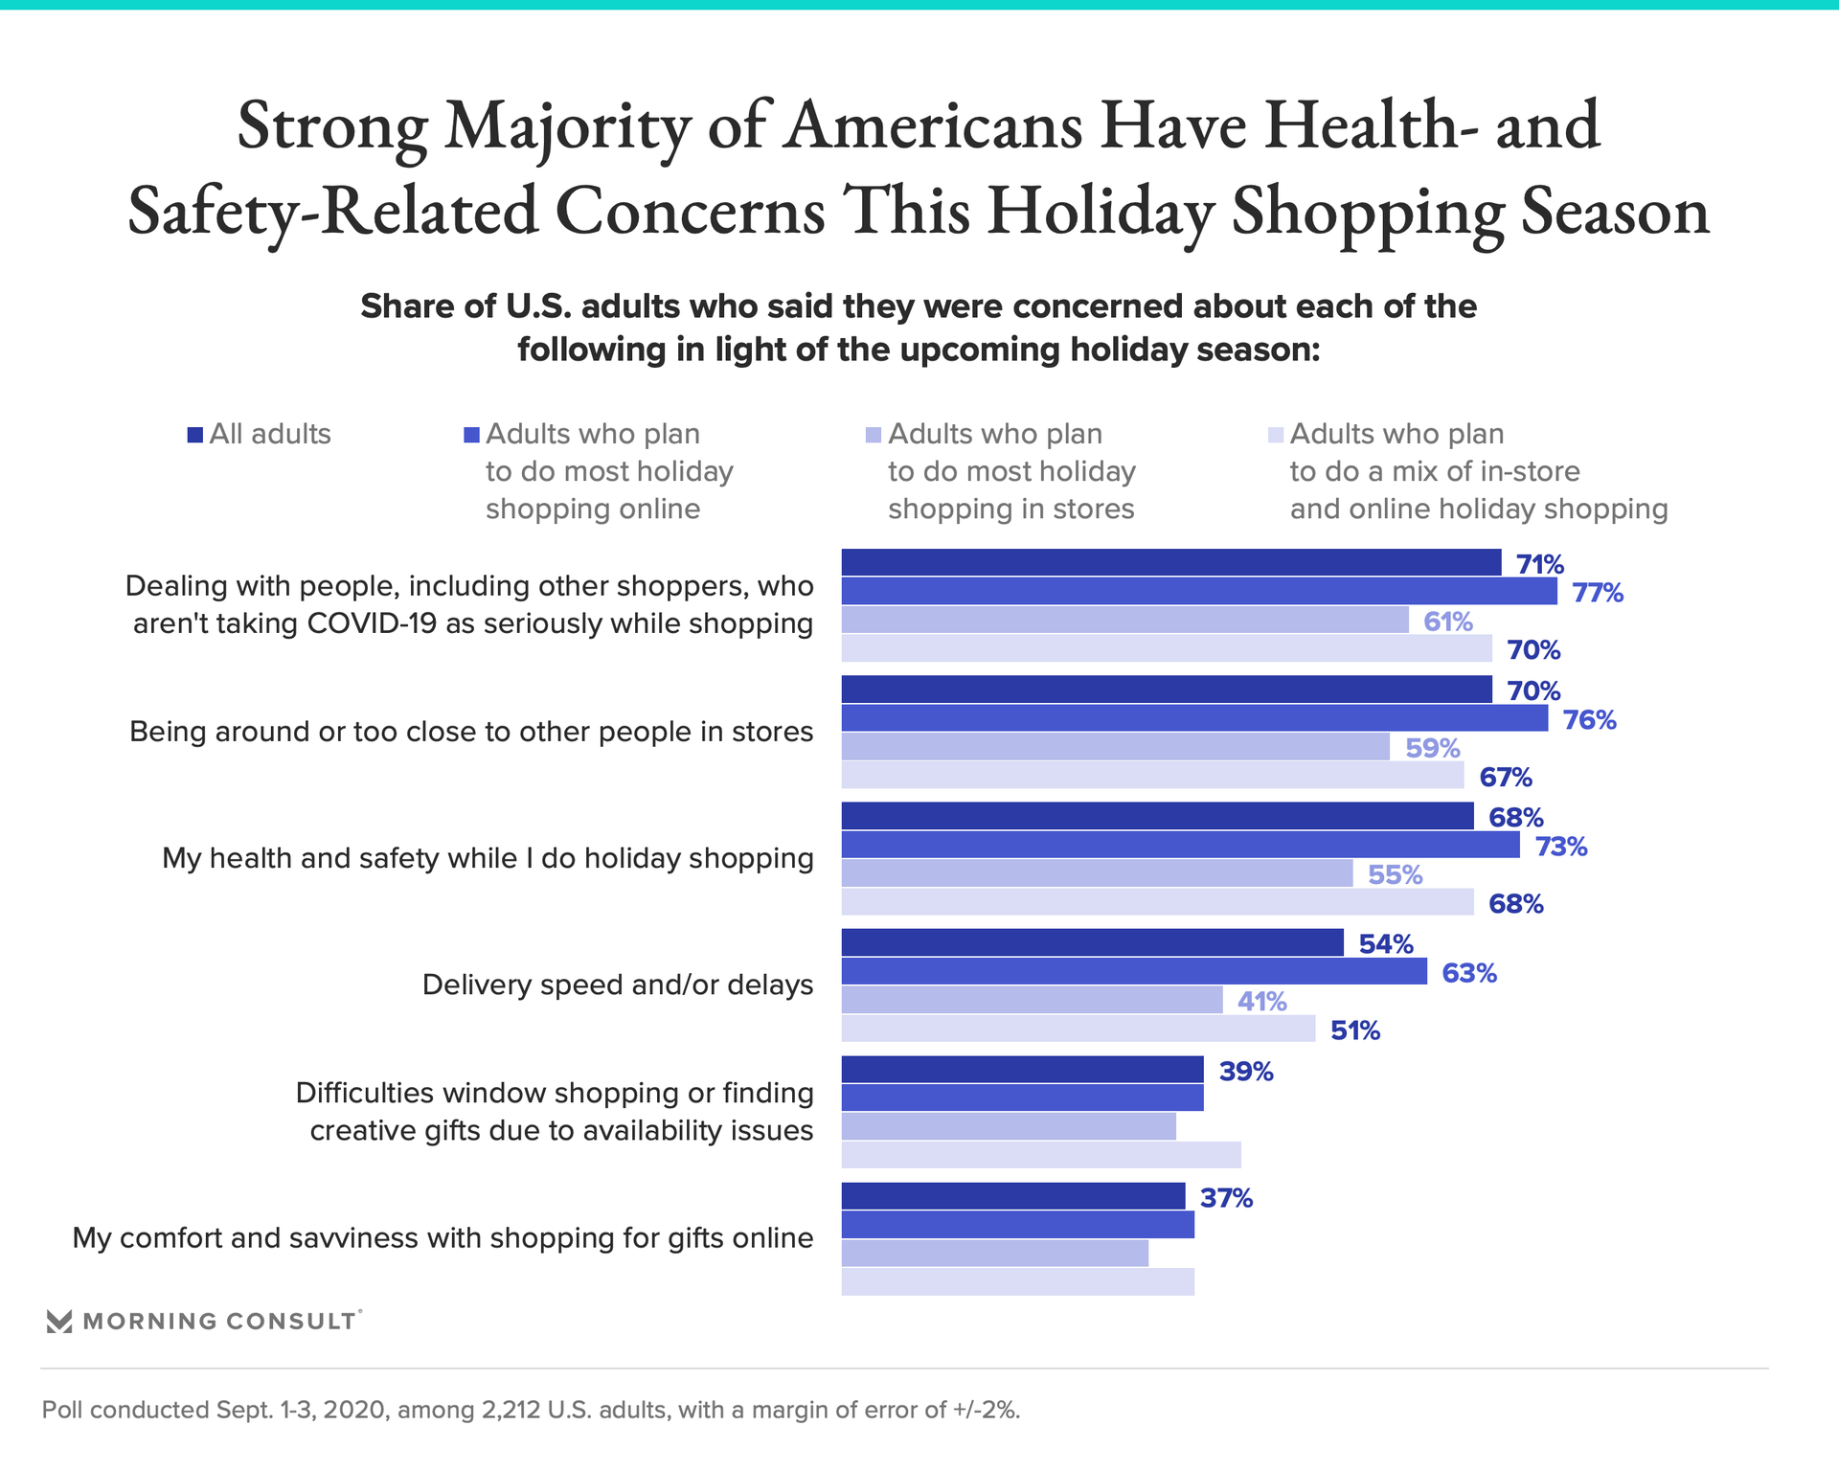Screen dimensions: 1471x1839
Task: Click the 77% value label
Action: pos(1597,593)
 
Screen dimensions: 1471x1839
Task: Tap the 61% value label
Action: pos(1447,622)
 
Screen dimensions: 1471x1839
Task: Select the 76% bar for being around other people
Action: pos(1194,718)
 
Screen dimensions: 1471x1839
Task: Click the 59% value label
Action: pos(1432,748)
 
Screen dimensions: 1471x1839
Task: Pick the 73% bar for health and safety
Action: pos(1180,845)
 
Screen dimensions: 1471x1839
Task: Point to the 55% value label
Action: pos(1395,874)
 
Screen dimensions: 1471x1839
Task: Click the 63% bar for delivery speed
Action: pos(1134,971)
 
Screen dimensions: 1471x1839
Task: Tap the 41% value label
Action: pos(1261,1002)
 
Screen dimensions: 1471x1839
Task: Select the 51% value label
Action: pos(1354,1030)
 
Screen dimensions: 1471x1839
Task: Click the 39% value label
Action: pos(1245,1072)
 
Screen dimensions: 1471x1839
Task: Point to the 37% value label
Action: pos(1226,1198)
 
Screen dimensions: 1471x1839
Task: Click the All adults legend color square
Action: pos(195,435)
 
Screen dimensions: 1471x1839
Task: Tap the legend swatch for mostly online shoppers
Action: pos(471,435)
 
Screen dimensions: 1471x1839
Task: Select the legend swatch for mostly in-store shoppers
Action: pos(873,435)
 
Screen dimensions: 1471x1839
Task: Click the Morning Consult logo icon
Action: pos(59,1322)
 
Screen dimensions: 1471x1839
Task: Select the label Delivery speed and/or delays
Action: pos(617,984)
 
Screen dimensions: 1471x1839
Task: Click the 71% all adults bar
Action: pos(1170,562)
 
